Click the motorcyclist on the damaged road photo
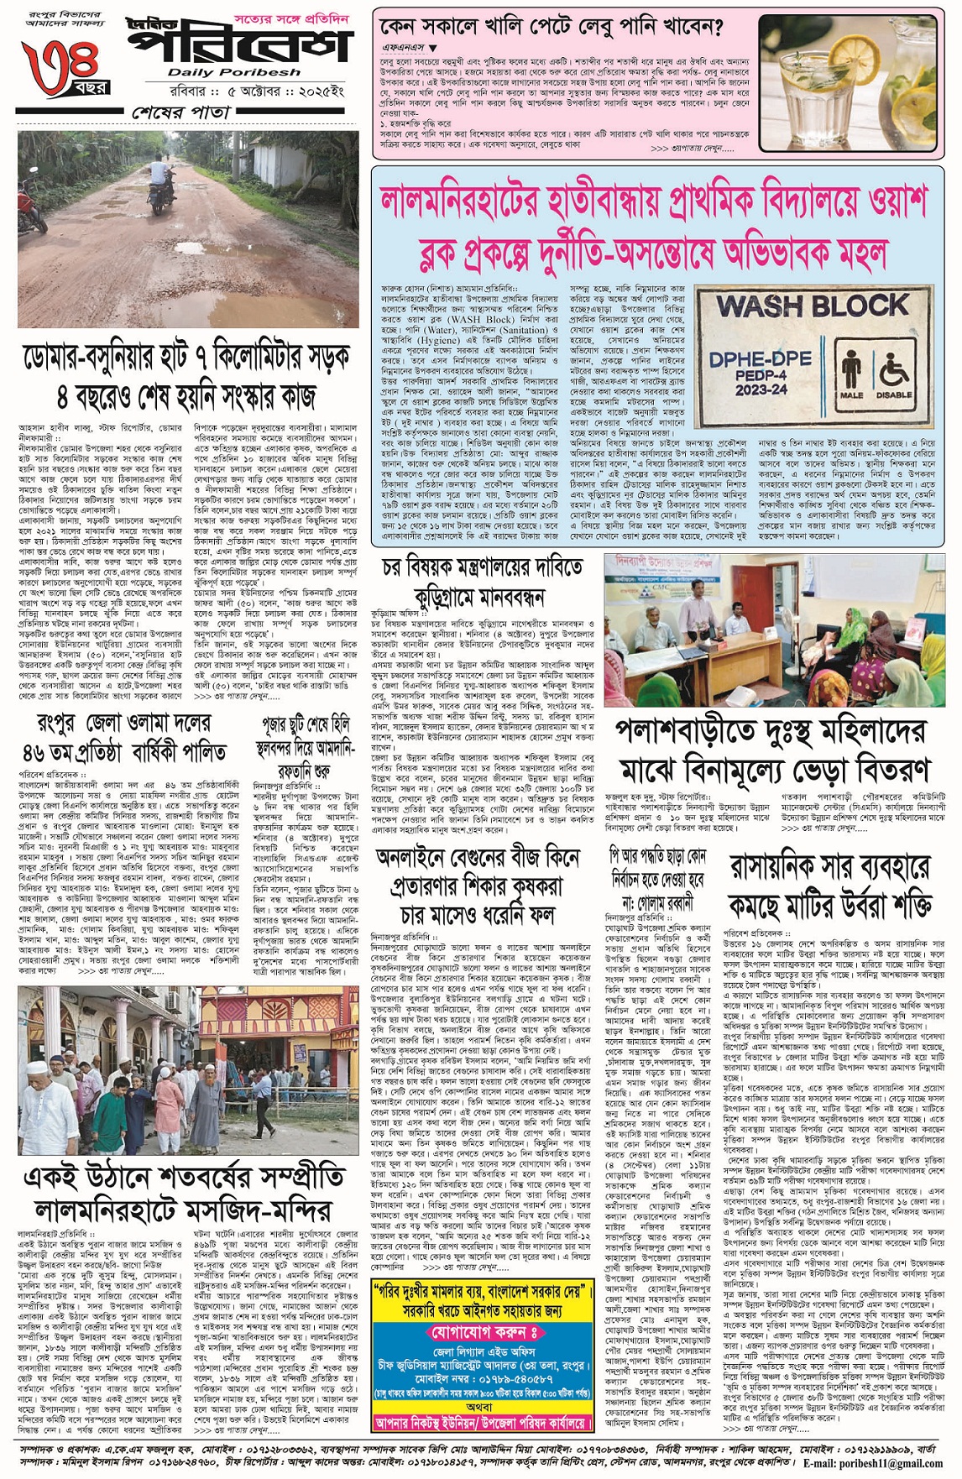[x=157, y=184]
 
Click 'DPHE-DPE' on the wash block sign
[x=761, y=360]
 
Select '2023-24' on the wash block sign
[x=761, y=390]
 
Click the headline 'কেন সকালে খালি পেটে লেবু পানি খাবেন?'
[x=551, y=28]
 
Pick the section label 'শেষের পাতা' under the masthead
[x=180, y=112]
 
